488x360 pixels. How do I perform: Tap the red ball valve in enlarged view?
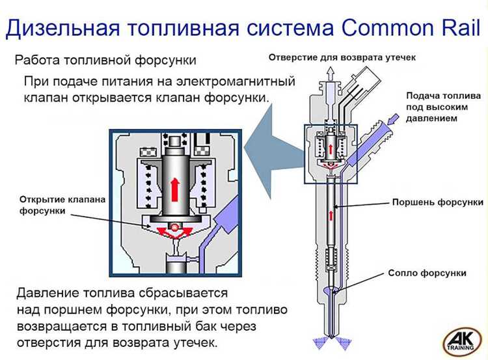(174, 228)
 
